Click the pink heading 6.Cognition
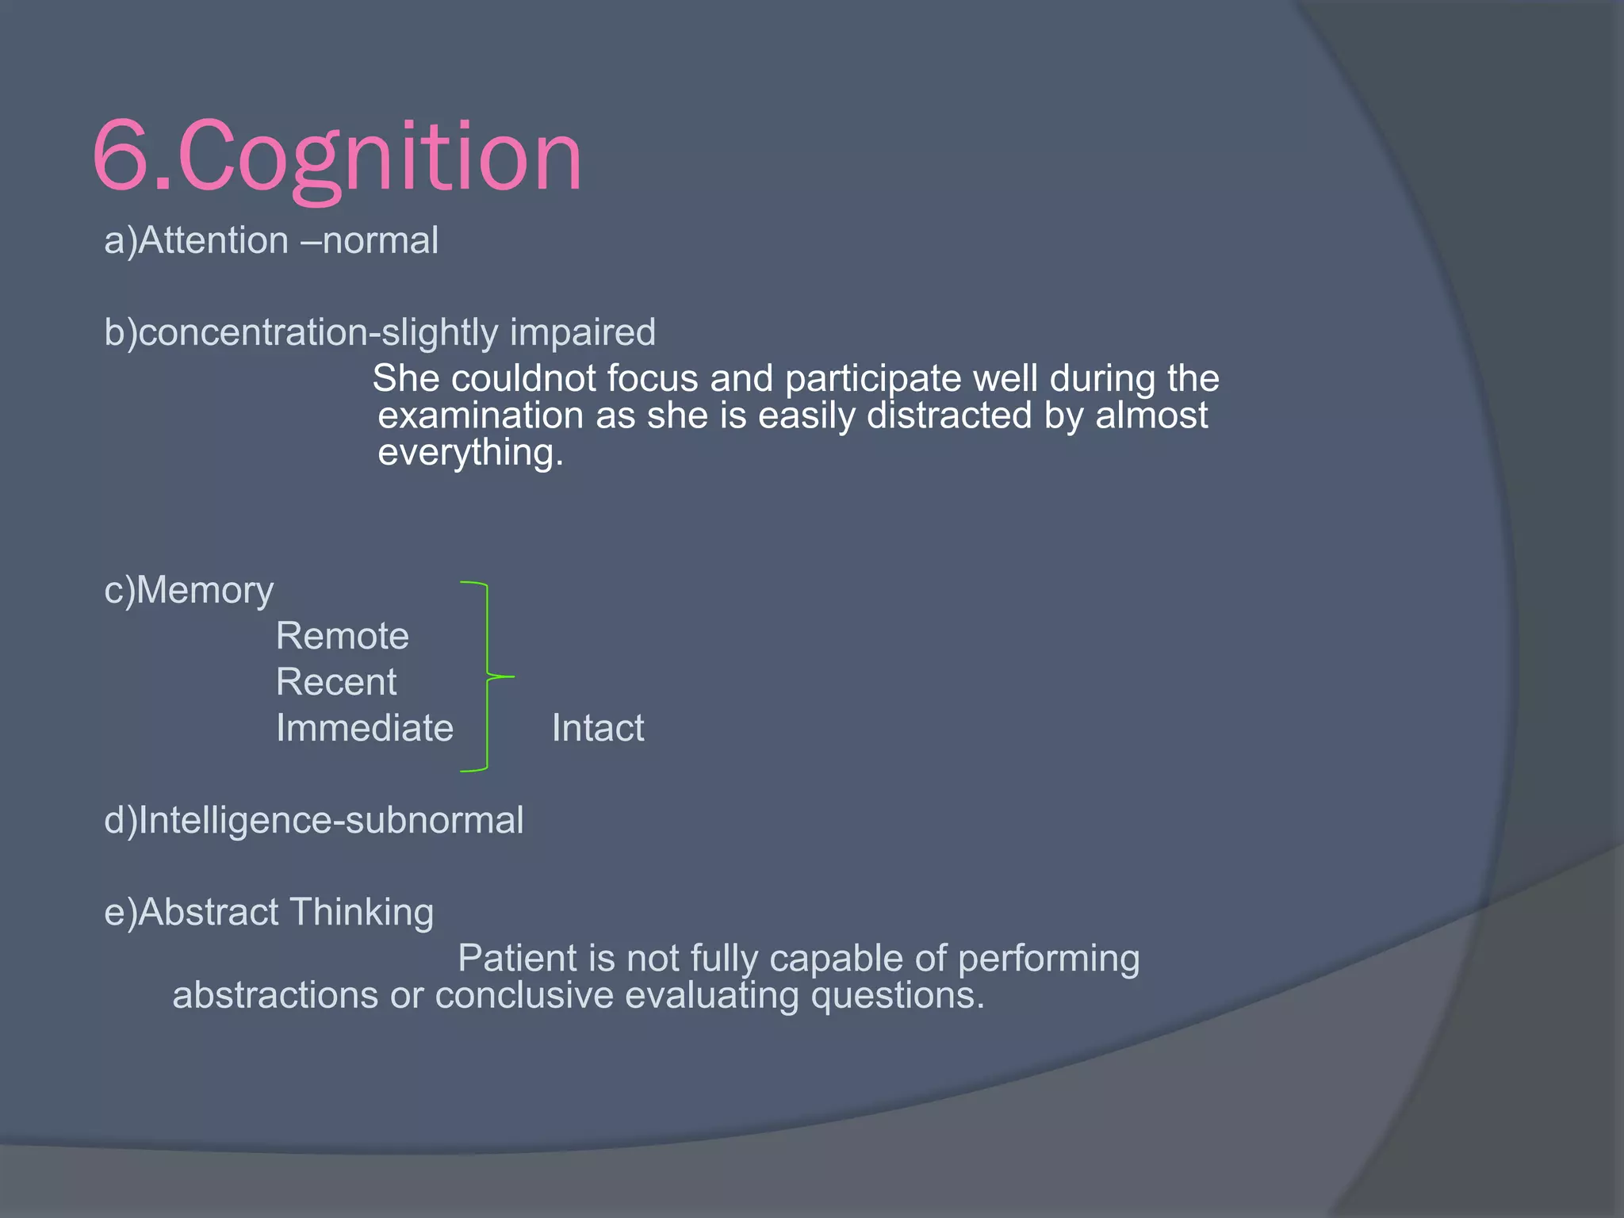(337, 156)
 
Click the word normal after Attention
(380, 240)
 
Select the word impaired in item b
(582, 332)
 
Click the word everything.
(469, 453)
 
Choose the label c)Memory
(189, 591)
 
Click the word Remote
(342, 636)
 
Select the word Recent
(335, 682)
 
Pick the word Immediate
(364, 728)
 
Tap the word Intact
(597, 728)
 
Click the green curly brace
(485, 676)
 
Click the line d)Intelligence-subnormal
(313, 820)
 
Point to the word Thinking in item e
(361, 912)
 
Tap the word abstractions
(275, 995)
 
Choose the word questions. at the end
(897, 995)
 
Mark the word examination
(481, 416)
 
